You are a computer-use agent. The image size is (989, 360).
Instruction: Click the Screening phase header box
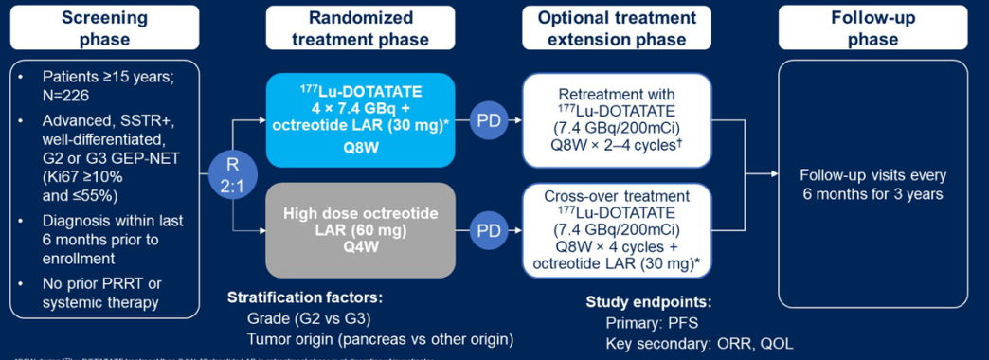click(104, 27)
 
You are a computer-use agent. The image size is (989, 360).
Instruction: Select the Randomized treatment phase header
click(360, 27)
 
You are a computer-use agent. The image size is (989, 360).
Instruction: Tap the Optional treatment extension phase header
click(618, 27)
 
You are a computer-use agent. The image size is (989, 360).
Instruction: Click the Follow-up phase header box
click(872, 27)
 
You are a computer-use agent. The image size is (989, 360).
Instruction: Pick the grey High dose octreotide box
click(360, 227)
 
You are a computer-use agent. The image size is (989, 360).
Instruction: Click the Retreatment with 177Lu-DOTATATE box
click(616, 120)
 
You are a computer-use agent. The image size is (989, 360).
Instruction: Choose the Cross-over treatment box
click(616, 229)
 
